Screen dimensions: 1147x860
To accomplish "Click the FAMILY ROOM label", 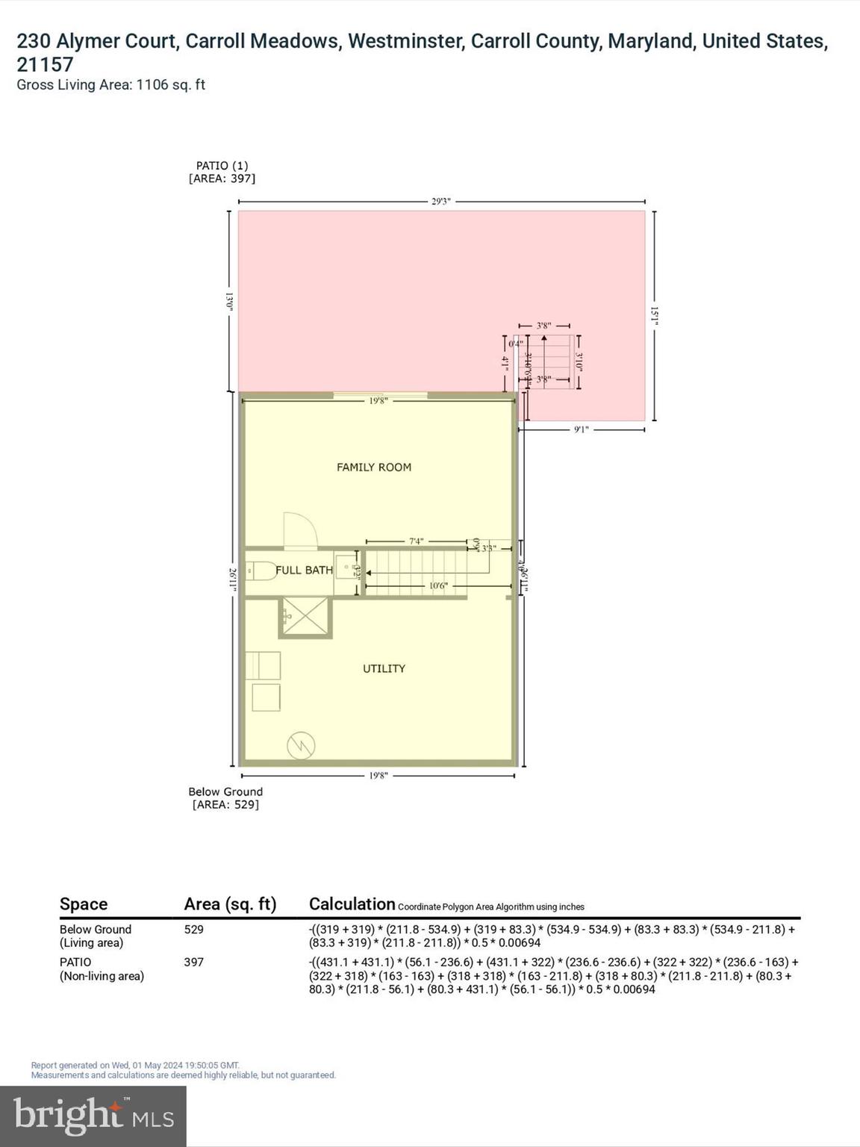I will click(x=373, y=467).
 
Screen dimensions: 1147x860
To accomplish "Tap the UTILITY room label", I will click(x=384, y=668).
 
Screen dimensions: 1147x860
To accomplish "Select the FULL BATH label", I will click(x=304, y=570).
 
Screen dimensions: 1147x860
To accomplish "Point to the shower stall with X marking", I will click(x=305, y=617).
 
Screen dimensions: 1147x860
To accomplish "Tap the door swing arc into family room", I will click(x=300, y=529).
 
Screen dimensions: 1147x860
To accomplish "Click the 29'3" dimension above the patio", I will click(x=441, y=202).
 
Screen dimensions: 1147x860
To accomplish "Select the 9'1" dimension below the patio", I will click(x=581, y=429).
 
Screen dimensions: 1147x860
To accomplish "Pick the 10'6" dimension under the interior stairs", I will click(x=437, y=586).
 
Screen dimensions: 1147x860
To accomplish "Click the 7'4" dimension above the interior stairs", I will click(x=416, y=541).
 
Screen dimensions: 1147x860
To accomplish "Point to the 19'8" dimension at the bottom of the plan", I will click(x=378, y=776).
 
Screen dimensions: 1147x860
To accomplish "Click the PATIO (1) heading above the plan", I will click(x=222, y=166).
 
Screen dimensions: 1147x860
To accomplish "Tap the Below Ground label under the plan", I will click(x=225, y=792).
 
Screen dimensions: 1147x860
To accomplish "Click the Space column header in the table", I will click(x=84, y=904).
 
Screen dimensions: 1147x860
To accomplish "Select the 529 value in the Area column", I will click(x=194, y=930).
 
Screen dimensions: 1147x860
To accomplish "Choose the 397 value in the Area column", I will click(x=194, y=963).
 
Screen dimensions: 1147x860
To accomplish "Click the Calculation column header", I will click(x=352, y=904).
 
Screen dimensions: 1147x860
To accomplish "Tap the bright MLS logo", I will click(x=93, y=1116).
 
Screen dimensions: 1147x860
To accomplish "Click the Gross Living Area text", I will click(x=110, y=85).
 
